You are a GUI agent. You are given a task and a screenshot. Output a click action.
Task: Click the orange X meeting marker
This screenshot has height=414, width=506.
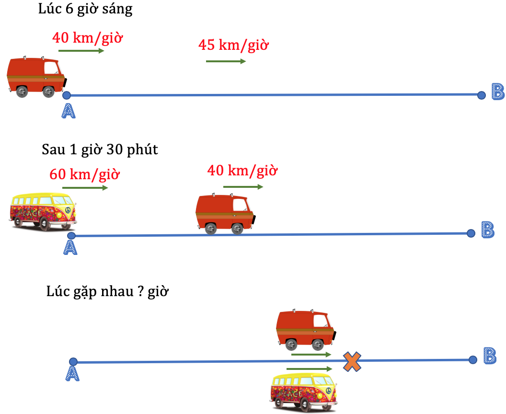(352, 362)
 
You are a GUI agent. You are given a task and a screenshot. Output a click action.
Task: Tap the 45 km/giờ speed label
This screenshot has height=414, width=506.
(233, 45)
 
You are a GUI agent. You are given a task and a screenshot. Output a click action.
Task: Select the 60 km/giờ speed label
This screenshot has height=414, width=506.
(84, 174)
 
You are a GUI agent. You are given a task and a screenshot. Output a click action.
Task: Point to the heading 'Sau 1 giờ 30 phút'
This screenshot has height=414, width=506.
(100, 149)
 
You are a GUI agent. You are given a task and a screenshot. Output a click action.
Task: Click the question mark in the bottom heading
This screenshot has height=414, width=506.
(140, 291)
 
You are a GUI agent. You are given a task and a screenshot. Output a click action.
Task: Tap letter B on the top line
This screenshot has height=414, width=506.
(498, 92)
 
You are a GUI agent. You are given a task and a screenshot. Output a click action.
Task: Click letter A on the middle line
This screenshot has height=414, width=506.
(70, 248)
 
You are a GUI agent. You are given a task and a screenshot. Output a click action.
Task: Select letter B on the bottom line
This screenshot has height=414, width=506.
(490, 356)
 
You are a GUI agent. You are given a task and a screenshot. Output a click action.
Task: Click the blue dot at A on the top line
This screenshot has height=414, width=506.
(67, 95)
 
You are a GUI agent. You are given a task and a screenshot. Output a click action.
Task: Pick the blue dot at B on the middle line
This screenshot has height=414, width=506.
(471, 233)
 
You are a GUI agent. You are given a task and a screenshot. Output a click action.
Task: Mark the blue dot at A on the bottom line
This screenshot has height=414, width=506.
(73, 362)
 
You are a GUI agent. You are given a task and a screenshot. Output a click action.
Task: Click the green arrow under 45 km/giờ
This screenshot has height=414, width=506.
(226, 61)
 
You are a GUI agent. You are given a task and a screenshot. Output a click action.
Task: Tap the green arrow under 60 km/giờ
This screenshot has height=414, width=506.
(85, 188)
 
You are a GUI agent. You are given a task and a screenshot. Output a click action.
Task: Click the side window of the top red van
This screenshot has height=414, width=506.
(51, 68)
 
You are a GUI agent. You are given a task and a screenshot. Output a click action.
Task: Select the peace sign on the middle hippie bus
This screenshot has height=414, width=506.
(68, 210)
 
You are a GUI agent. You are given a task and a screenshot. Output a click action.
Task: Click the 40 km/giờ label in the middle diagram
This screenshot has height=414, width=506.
(242, 171)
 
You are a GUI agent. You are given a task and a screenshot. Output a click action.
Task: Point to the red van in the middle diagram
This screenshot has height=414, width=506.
(226, 213)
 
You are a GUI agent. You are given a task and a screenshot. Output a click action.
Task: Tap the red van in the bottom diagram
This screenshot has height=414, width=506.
(306, 330)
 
